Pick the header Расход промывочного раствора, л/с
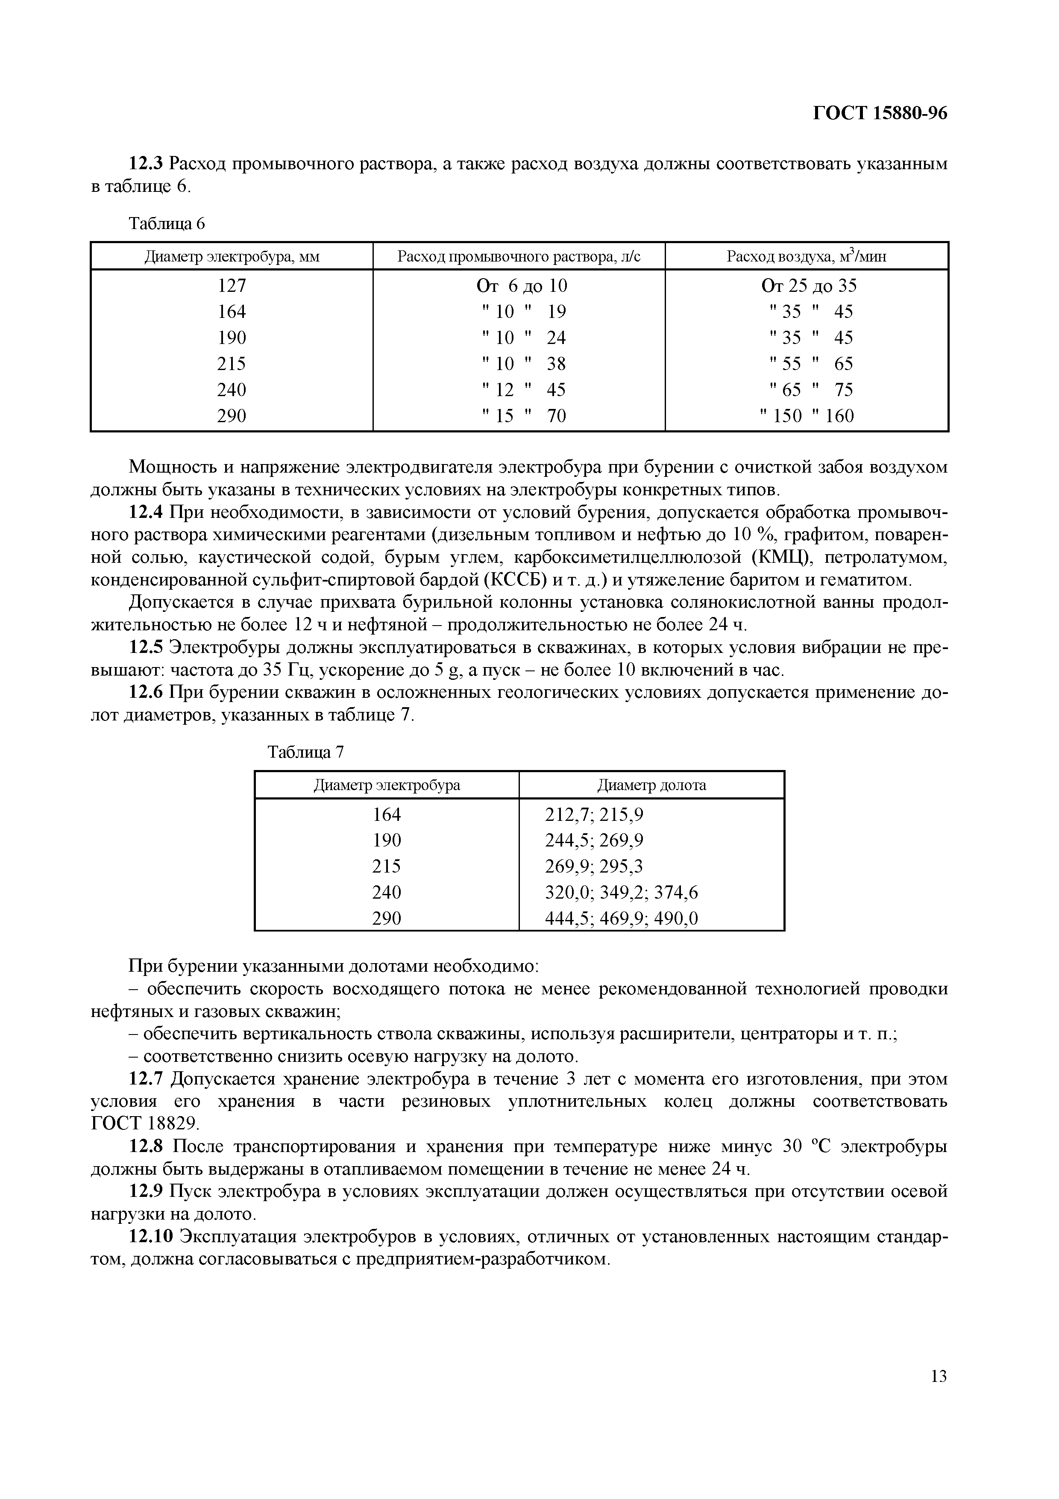coord(519,256)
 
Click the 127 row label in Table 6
coord(232,285)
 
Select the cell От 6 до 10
coord(521,285)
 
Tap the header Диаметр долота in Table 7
coord(651,785)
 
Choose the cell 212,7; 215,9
coord(594,814)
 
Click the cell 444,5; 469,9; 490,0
coord(621,919)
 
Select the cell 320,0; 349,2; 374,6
coord(621,893)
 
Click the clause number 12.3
coord(147,163)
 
